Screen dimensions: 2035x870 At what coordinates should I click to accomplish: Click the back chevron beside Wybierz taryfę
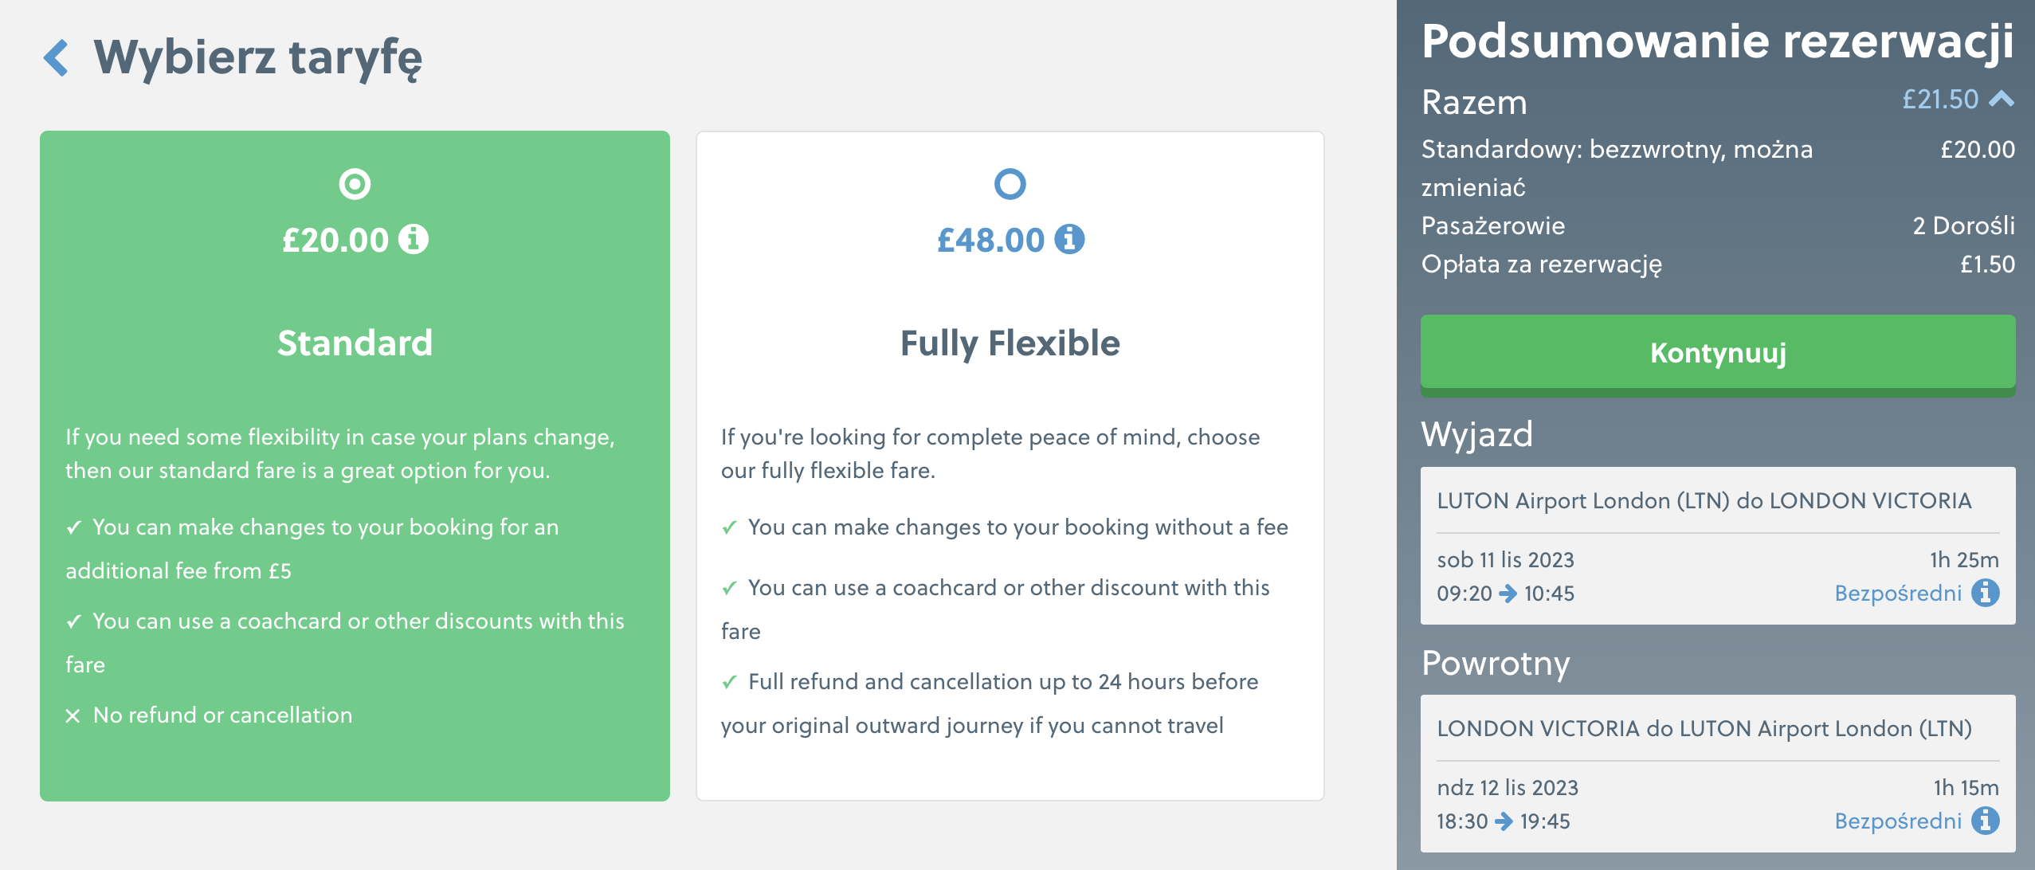[55, 58]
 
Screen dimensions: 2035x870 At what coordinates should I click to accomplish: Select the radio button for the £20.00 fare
[355, 184]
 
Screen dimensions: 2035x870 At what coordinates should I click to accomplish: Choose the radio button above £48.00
[1010, 184]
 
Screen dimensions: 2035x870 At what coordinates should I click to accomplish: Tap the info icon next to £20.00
[414, 239]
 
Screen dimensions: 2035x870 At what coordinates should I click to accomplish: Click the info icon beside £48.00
[1069, 239]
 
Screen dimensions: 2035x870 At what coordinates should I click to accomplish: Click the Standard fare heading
[355, 343]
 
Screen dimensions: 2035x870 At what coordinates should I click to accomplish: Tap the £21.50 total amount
[1940, 100]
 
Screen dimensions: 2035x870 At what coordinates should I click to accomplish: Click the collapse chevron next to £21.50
[2001, 99]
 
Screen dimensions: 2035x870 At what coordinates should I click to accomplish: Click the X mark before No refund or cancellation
[73, 716]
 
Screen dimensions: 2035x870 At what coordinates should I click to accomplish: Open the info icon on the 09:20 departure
[1985, 593]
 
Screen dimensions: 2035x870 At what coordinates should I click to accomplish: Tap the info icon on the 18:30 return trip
[1985, 821]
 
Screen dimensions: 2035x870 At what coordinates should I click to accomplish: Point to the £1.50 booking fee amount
[1987, 265]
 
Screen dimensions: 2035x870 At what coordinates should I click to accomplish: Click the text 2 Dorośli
[1963, 226]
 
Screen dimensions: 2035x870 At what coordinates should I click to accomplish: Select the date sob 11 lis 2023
[1505, 560]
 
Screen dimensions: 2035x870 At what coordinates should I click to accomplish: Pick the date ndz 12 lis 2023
[1508, 788]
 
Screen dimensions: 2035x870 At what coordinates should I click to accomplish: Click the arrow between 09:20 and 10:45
[1508, 594]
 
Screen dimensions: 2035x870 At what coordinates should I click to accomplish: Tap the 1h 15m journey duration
[1966, 788]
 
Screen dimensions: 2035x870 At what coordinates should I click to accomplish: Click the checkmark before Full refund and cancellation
[729, 683]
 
